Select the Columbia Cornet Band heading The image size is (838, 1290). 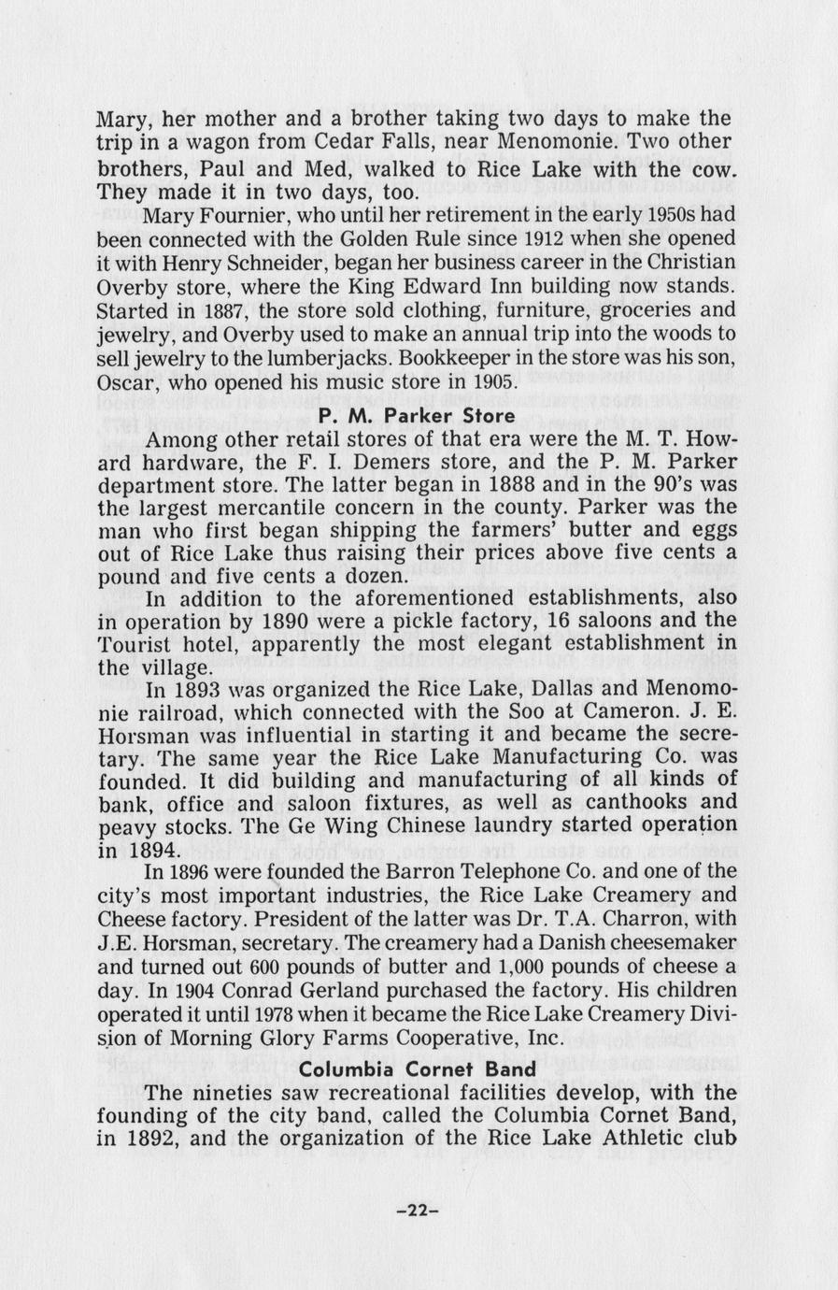pyautogui.click(x=419, y=1068)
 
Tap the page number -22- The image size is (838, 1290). pyautogui.click(x=418, y=1210)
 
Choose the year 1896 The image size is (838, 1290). pyautogui.click(x=194, y=872)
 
